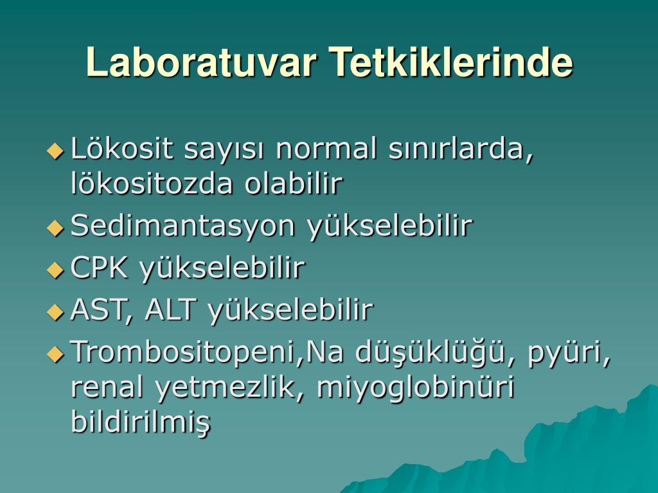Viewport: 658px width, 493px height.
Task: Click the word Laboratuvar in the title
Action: click(201, 62)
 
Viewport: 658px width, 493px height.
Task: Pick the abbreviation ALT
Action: click(170, 309)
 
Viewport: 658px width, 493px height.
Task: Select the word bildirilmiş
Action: click(141, 422)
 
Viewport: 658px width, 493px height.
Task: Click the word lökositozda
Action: click(152, 183)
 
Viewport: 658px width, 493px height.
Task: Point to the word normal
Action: click(326, 149)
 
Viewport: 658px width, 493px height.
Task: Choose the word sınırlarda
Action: click(460, 149)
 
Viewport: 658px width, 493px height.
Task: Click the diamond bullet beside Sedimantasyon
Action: click(55, 229)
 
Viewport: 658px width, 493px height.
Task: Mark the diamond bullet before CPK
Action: click(55, 270)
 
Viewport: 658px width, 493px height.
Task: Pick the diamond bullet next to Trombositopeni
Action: click(55, 354)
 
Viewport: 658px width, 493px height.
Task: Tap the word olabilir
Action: click(294, 183)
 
